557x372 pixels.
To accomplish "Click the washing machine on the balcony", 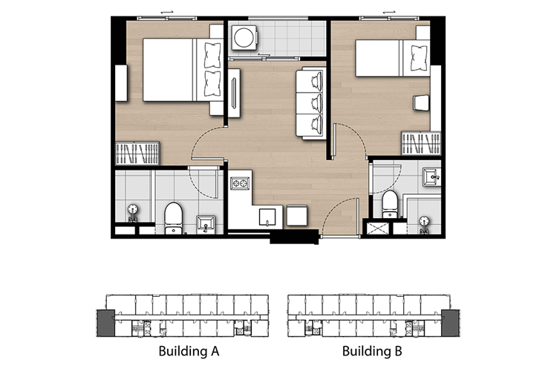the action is [x=244, y=37].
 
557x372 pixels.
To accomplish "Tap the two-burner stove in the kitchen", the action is [x=240, y=183].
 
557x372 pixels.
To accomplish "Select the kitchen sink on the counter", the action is [x=267, y=217].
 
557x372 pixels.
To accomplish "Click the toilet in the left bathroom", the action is [x=173, y=218].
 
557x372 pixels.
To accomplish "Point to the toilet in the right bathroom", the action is [x=390, y=204].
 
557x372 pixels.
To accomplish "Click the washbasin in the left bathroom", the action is [x=206, y=224].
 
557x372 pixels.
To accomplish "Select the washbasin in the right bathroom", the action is [x=431, y=177].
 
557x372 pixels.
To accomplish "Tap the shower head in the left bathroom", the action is [x=133, y=212].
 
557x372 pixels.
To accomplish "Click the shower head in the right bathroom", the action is [x=424, y=224].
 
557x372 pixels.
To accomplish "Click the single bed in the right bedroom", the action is [x=393, y=58].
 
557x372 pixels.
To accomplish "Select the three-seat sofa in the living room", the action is [x=311, y=103].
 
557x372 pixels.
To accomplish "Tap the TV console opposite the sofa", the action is [x=234, y=93].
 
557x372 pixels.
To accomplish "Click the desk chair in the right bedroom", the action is [x=421, y=103].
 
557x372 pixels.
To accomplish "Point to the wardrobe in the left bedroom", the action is [x=137, y=153].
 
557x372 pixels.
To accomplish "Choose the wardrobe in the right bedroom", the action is [x=421, y=143].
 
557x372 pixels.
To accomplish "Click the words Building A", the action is [x=189, y=351].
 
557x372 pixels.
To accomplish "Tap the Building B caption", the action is [x=372, y=351].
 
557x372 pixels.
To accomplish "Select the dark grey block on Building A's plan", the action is [x=106, y=323].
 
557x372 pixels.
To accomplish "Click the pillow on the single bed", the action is [x=419, y=58].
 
